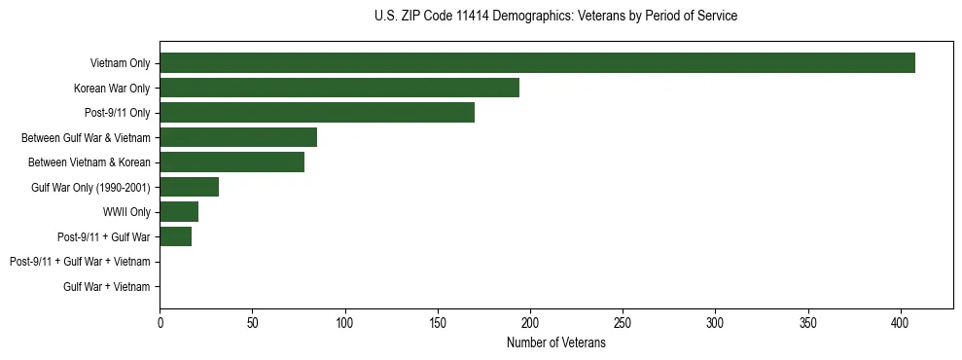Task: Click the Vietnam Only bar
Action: point(537,63)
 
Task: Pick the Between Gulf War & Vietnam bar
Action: point(238,137)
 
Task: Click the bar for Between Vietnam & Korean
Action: point(232,162)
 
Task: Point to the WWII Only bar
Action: point(179,212)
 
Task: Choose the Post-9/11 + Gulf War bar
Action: point(176,236)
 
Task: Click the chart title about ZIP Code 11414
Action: point(555,17)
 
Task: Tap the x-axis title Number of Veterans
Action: point(555,343)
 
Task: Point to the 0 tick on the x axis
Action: point(160,322)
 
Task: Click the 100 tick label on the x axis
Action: point(345,322)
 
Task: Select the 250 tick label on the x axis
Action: point(623,322)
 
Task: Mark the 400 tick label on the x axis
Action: point(901,322)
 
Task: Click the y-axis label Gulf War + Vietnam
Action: point(107,286)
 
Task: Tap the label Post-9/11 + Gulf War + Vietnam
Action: point(80,262)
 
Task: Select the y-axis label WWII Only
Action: point(126,212)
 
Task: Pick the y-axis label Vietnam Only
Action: point(120,63)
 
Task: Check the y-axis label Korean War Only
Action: point(112,88)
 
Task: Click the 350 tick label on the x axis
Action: point(808,322)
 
